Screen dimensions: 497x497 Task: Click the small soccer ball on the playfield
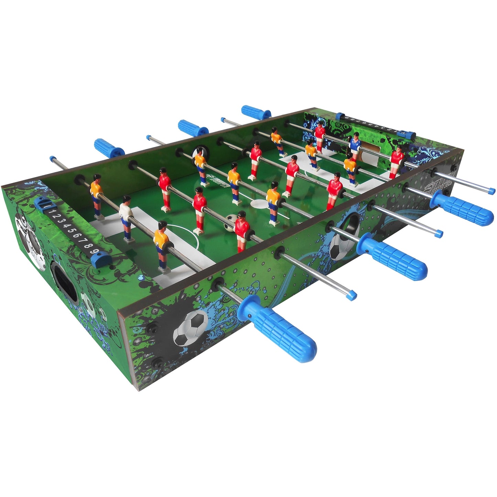tap(231, 222)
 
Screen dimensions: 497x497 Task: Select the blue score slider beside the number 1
tap(41, 204)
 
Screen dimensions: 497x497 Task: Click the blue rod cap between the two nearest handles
tap(351, 295)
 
